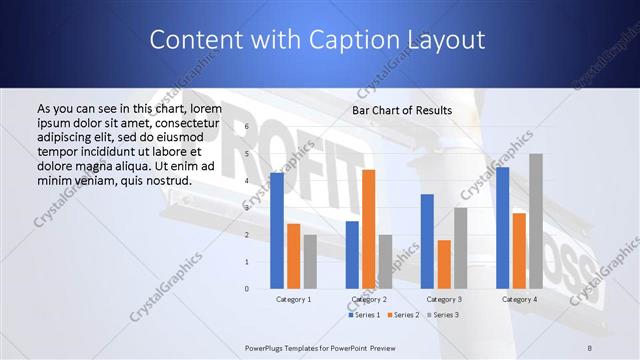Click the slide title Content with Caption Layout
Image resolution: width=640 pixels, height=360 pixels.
tap(317, 40)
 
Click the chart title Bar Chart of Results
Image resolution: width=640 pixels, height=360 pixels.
tap(401, 110)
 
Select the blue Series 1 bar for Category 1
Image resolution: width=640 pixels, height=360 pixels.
tap(277, 230)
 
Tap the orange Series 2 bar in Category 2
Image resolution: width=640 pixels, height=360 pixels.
tap(368, 229)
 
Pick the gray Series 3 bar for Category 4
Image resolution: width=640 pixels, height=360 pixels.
tap(536, 221)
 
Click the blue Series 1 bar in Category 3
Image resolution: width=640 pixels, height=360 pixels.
tap(427, 241)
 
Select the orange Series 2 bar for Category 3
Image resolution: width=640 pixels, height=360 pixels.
tap(444, 264)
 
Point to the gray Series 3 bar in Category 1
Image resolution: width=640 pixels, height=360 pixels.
tap(310, 261)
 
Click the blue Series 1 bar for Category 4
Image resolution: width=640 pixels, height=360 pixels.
tap(502, 227)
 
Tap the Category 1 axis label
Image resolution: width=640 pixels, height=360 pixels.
tap(293, 299)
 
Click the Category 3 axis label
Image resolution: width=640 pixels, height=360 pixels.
tap(444, 299)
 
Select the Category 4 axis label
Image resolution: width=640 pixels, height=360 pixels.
tap(519, 299)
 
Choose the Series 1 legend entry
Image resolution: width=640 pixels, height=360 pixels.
tap(365, 315)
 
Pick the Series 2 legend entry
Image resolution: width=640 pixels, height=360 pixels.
tap(403, 315)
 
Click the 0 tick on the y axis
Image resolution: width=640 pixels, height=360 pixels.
tap(246, 288)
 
